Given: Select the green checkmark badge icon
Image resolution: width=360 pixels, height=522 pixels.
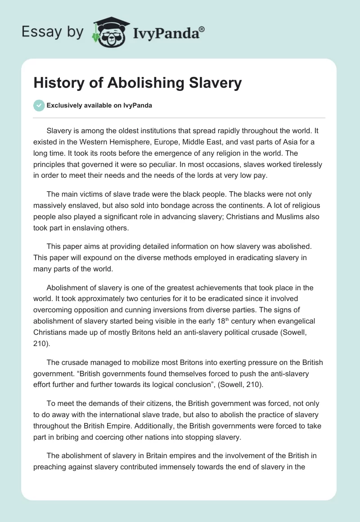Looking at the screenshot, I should [x=39, y=105].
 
